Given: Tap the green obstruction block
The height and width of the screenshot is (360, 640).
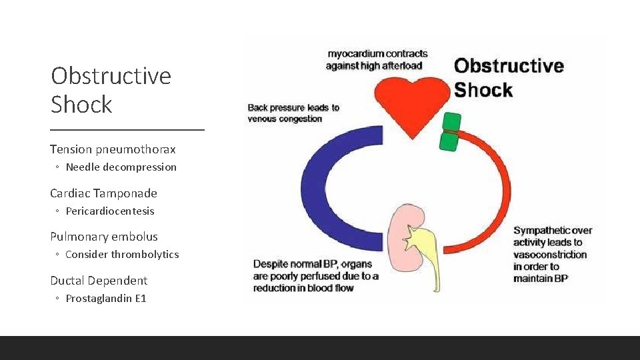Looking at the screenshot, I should (451, 131).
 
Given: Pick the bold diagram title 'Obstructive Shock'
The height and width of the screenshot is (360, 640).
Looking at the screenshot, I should (508, 78).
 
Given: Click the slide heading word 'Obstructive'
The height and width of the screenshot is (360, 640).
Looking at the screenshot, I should (111, 76).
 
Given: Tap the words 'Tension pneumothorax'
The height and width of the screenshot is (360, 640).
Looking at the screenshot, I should (113, 149).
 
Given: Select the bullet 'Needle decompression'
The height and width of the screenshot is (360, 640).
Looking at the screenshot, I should (121, 167).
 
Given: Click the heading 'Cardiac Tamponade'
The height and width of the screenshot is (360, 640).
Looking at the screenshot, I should (103, 193).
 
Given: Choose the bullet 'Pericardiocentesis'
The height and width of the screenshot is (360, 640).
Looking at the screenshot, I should (109, 211).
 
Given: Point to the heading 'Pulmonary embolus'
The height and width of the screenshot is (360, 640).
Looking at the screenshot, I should (103, 237).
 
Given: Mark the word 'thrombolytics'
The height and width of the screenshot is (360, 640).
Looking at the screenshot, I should (145, 255).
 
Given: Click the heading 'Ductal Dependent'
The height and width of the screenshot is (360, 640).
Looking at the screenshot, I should (99, 281).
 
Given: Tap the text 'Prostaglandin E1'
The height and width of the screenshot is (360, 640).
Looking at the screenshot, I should (105, 299).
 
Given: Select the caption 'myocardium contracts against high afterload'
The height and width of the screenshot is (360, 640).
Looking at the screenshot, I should (377, 59).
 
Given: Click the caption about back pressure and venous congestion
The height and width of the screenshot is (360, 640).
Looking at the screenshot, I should (293, 113).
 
